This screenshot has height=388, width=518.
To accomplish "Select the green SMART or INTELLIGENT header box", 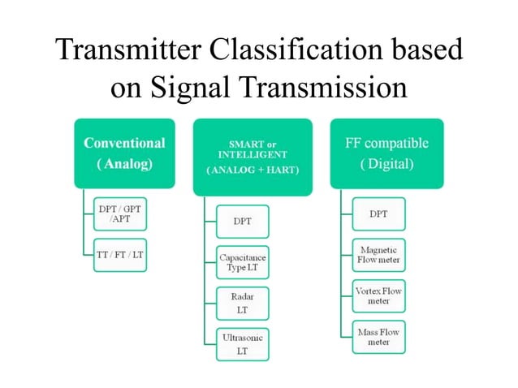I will [253, 156].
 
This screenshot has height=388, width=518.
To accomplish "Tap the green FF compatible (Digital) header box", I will [386, 153].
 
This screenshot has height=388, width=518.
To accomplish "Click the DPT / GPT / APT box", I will [119, 214].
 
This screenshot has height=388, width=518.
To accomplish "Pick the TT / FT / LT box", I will [119, 254].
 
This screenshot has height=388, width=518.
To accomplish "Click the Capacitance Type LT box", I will [242, 262].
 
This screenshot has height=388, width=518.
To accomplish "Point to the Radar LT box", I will [242, 303].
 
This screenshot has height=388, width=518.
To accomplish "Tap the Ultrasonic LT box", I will [242, 343].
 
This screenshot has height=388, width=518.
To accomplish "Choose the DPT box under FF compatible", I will [378, 214].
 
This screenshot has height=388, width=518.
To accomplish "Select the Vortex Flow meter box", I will [378, 295].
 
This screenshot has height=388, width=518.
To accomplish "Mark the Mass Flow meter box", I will [378, 336].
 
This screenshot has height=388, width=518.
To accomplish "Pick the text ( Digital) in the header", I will [386, 164].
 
